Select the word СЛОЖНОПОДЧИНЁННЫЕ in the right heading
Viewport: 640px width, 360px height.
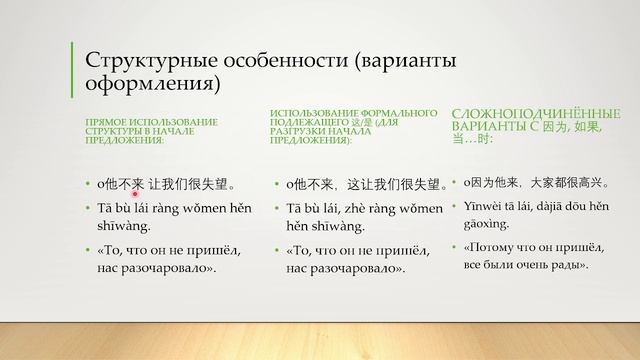523,112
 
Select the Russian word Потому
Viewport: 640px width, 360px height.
500,246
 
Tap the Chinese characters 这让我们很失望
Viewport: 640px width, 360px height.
394,184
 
